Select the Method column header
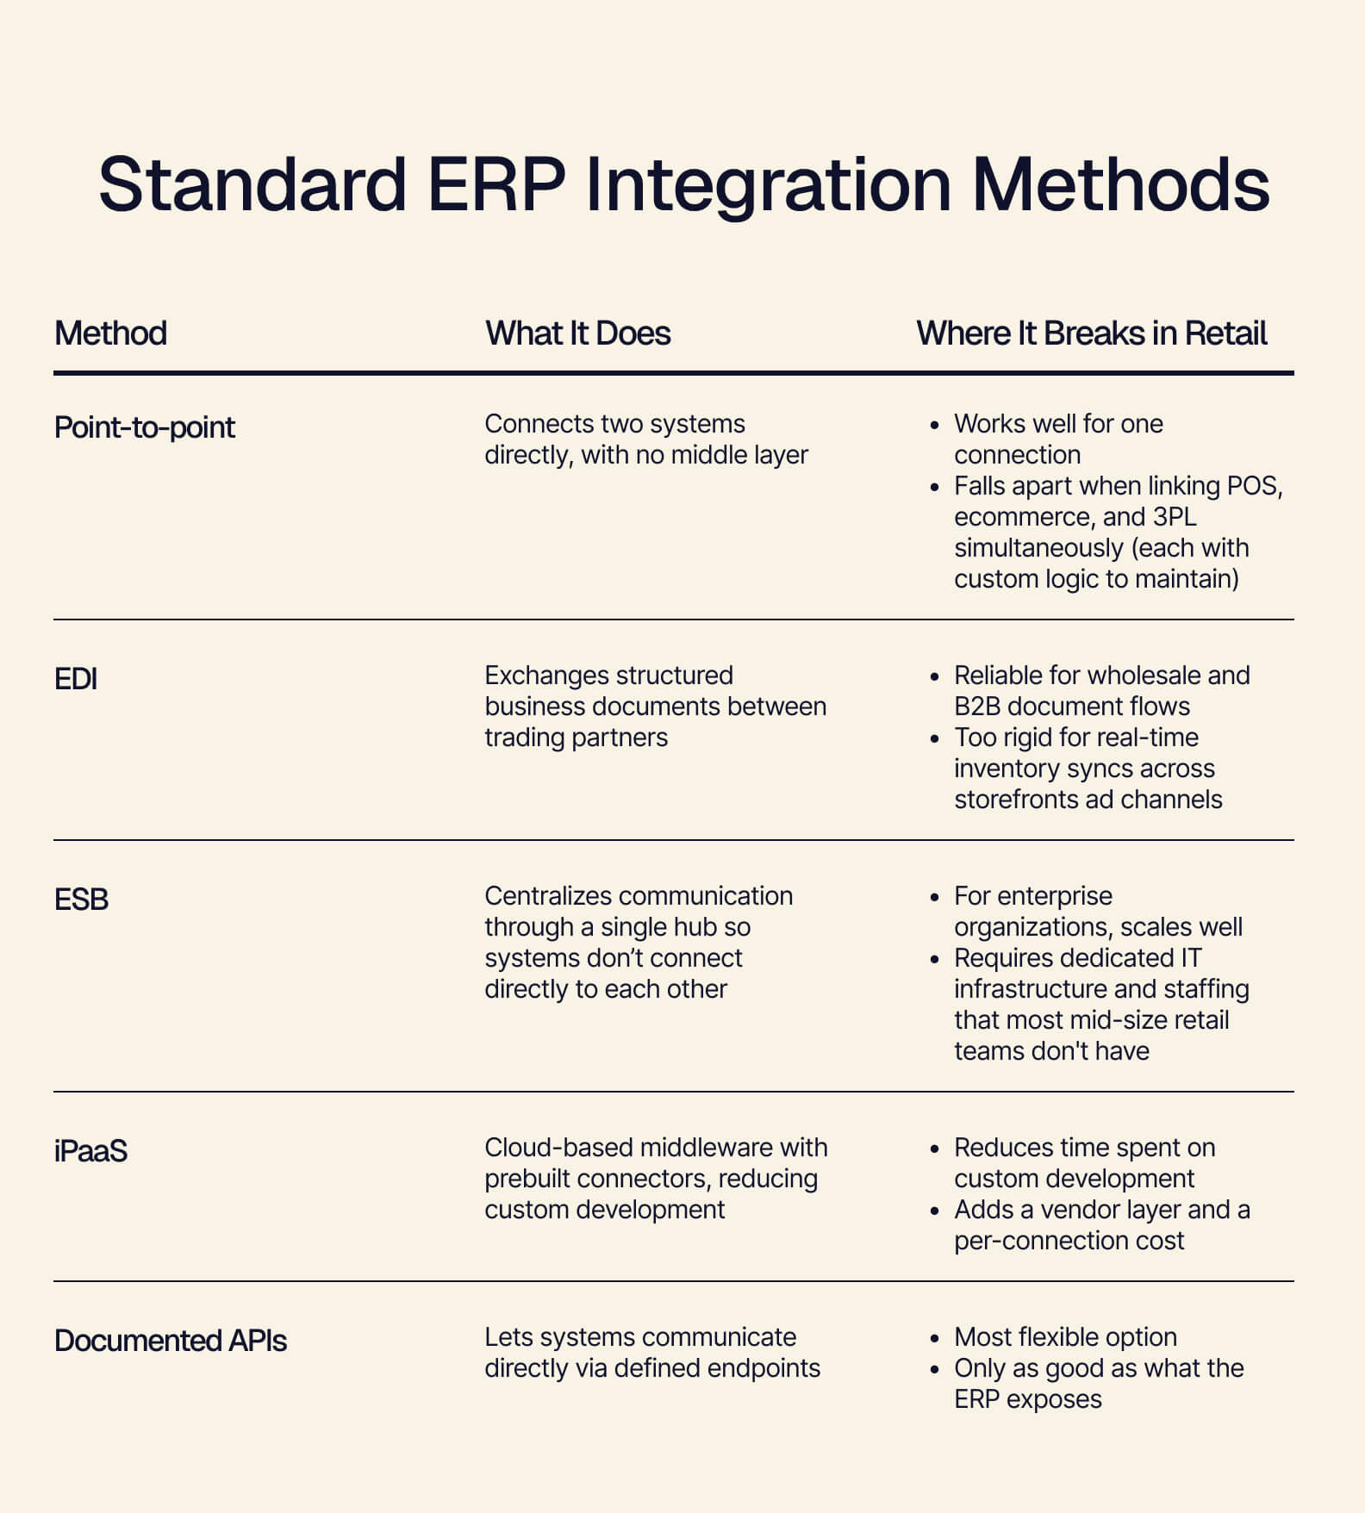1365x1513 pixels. tap(110, 333)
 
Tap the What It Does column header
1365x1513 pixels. tap(577, 333)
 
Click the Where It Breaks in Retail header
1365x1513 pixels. tap(1091, 333)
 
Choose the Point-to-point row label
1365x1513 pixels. tap(144, 427)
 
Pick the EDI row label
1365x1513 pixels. tap(75, 679)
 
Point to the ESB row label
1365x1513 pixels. tap(81, 900)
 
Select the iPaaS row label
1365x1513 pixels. tap(90, 1151)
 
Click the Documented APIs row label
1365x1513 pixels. tap(170, 1341)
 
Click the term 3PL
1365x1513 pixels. tap(1175, 517)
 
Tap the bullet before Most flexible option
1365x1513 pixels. tap(935, 1339)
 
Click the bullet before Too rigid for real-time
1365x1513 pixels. tap(935, 739)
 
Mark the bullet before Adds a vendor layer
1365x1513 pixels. tap(935, 1211)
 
